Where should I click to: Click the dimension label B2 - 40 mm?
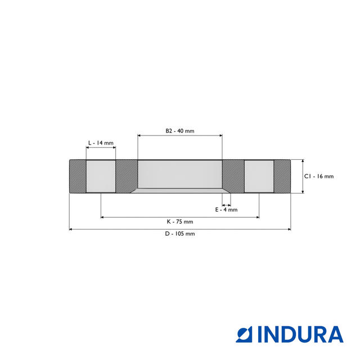click(x=179, y=130)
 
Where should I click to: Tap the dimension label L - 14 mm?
click(x=101, y=143)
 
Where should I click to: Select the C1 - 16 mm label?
click(x=319, y=176)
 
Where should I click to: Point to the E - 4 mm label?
click(x=227, y=209)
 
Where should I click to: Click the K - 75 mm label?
click(x=179, y=221)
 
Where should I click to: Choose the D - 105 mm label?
click(x=179, y=233)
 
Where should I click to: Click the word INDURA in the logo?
click(x=300, y=334)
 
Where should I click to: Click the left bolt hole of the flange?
click(x=101, y=177)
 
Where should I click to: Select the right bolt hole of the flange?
click(x=259, y=177)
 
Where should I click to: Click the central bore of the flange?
click(x=180, y=174)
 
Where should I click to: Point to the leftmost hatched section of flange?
click(x=77, y=177)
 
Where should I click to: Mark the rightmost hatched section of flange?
click(x=282, y=177)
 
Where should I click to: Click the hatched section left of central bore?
click(x=127, y=177)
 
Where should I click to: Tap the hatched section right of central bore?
click(x=233, y=177)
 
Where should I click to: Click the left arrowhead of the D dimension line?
click(x=71, y=229)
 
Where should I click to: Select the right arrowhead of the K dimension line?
click(x=257, y=217)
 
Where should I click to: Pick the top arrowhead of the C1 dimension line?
click(x=303, y=161)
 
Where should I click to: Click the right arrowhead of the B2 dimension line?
click(x=220, y=135)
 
